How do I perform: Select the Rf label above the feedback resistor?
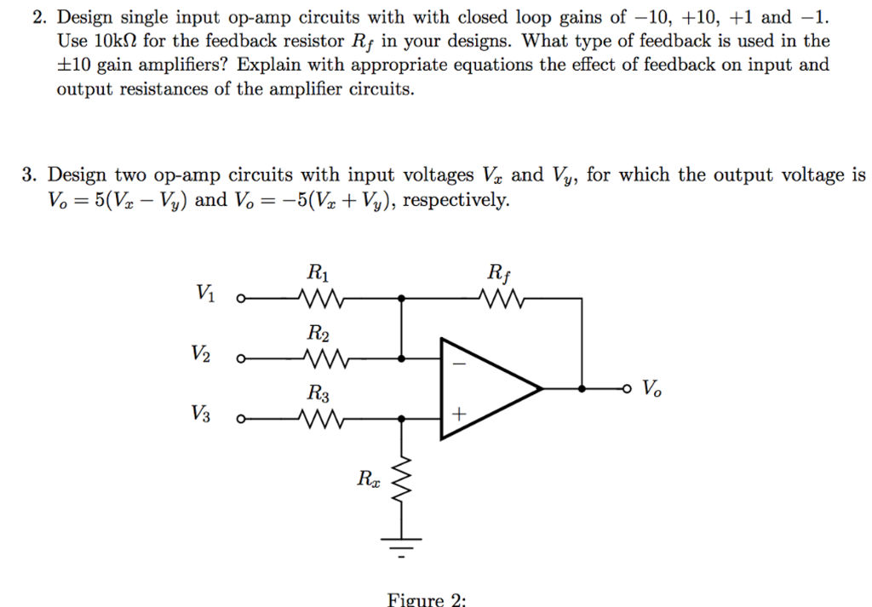[x=498, y=274]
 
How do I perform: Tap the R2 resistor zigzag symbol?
[x=322, y=358]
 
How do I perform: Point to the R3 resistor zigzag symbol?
[x=322, y=418]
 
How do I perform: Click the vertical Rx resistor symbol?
[x=402, y=486]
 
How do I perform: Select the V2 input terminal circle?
[x=241, y=358]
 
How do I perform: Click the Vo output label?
[x=651, y=389]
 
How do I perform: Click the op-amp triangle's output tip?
[x=542, y=388]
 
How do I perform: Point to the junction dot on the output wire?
[x=582, y=388]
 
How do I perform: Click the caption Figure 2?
[x=427, y=599]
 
